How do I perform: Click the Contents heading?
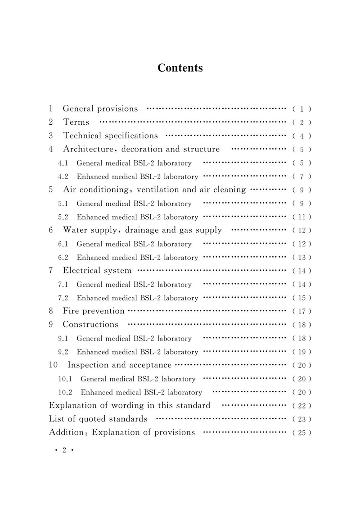point(180,68)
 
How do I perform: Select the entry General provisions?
point(100,109)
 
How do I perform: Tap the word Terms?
point(76,122)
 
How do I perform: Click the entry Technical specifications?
point(110,136)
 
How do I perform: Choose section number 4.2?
point(63,177)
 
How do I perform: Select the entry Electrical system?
point(97,271)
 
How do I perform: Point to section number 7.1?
point(63,285)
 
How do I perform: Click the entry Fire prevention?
point(94,311)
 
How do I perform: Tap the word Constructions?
point(90,325)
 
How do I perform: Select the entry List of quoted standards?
point(98,419)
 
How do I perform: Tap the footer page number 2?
point(64,450)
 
